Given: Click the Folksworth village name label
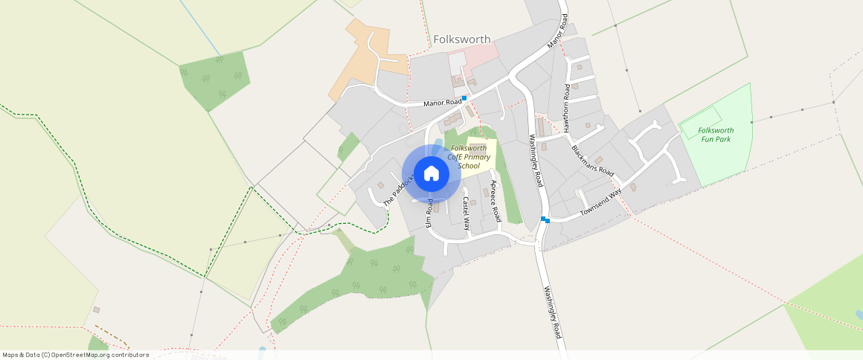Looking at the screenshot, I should [462, 39].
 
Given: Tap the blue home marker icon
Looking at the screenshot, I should [431, 174].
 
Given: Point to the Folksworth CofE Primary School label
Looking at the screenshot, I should [469, 157].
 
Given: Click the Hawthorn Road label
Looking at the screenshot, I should [566, 109].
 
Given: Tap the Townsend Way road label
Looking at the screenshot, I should [600, 202].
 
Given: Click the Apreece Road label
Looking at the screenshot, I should [495, 199].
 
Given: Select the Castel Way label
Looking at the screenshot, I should [466, 213].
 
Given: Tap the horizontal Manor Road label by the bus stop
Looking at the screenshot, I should [443, 103].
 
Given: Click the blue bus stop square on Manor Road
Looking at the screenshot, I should [464, 98].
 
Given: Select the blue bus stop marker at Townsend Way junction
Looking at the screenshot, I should [545, 219].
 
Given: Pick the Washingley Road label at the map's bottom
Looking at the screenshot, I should [551, 312].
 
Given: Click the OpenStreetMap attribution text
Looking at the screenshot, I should [76, 355].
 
